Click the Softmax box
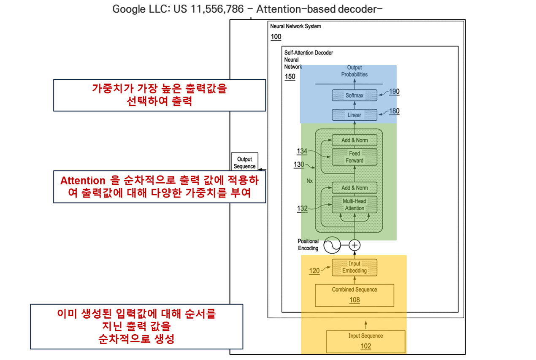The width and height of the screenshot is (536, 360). coord(354,95)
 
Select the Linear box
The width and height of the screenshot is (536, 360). coord(354,115)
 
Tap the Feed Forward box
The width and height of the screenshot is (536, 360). coord(354,157)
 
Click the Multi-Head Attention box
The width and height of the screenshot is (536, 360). coord(354,205)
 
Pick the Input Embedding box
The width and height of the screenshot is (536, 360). coord(355,267)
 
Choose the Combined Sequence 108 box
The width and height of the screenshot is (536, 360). coord(355,295)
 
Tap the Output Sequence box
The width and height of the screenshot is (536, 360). coord(244,162)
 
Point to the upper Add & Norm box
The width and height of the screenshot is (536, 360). coord(354,140)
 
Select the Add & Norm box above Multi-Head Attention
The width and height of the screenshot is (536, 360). coord(354,188)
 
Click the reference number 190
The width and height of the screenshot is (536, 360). coord(394,92)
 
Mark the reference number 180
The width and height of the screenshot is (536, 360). coord(394,111)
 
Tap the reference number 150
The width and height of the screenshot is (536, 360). coord(290,77)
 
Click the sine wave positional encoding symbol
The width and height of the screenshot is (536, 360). coord(332,245)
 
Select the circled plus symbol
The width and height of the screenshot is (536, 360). coord(355,245)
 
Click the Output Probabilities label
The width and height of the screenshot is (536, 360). coord(354,71)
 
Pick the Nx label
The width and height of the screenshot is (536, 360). coord(310,181)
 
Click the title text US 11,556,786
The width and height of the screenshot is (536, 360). coord(208,9)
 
